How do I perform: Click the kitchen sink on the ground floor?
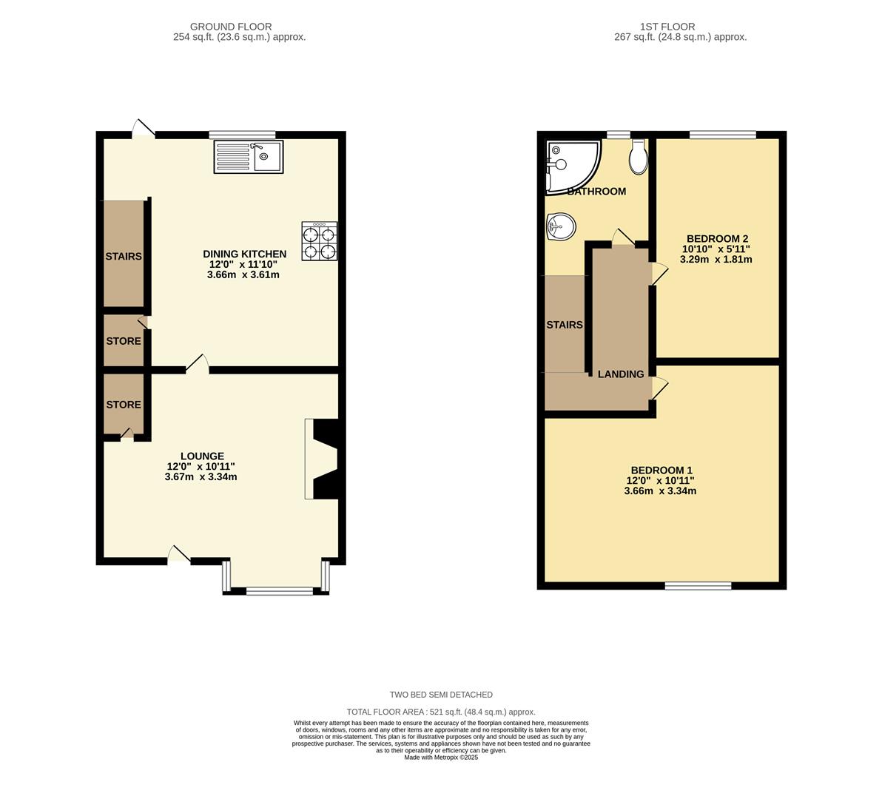249,157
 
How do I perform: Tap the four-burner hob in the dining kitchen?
320,241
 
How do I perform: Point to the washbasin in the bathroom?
560,227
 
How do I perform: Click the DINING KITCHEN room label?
244,254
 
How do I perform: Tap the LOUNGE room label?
202,456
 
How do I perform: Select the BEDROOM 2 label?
717,238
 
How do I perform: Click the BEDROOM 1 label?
661,470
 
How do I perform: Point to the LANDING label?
621,374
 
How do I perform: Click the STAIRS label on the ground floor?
123,257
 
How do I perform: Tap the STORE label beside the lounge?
123,405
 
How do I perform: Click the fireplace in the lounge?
323,459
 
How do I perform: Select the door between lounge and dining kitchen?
197,365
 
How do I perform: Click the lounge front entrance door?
179,555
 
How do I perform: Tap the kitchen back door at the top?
143,129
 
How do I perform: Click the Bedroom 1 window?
698,586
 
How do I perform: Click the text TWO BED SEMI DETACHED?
441,695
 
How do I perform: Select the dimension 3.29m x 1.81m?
716,259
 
